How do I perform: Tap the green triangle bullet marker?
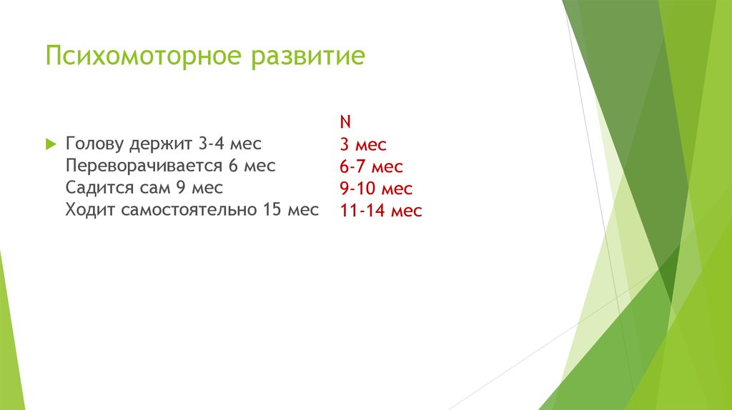pyautogui.click(x=50, y=144)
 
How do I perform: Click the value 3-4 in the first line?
pyautogui.click(x=213, y=144)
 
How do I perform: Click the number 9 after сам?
pyautogui.click(x=180, y=188)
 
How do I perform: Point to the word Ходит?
pyautogui.click(x=90, y=210)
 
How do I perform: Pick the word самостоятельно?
pyautogui.click(x=184, y=210)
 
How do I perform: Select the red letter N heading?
pyautogui.click(x=345, y=122)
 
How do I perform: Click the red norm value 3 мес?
pyautogui.click(x=362, y=145)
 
